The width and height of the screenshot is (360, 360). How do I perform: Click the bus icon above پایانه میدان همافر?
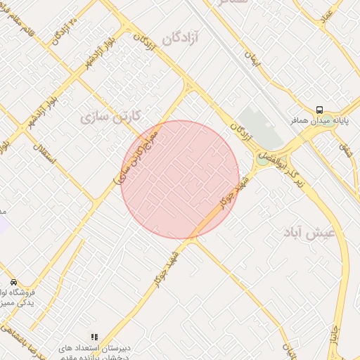(x=320, y=110)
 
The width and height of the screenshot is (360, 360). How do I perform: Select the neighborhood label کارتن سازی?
(x=111, y=115)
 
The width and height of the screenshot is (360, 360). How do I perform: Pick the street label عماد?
(x=328, y=18)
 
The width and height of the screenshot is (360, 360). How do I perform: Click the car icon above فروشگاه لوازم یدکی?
(x=13, y=281)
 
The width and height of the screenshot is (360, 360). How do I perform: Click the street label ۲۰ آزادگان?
(x=63, y=30)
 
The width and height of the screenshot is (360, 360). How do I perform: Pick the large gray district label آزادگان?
(x=181, y=39)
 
